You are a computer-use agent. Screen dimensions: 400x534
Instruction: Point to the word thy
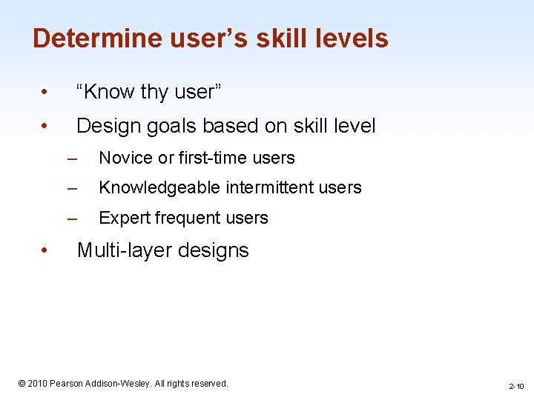[x=154, y=92]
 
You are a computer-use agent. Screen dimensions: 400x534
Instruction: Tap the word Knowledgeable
[x=159, y=188]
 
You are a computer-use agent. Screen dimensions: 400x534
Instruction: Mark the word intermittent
[x=269, y=188]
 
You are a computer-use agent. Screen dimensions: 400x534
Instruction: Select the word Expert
[x=122, y=219]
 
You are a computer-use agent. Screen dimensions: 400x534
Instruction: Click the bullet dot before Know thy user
[x=45, y=93]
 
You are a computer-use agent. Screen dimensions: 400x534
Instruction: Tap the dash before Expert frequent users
[x=71, y=219]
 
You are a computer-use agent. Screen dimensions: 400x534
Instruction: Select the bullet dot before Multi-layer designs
[x=45, y=251]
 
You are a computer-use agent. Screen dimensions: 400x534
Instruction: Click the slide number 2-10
[x=516, y=387]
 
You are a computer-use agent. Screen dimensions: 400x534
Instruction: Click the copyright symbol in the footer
[x=22, y=384]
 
